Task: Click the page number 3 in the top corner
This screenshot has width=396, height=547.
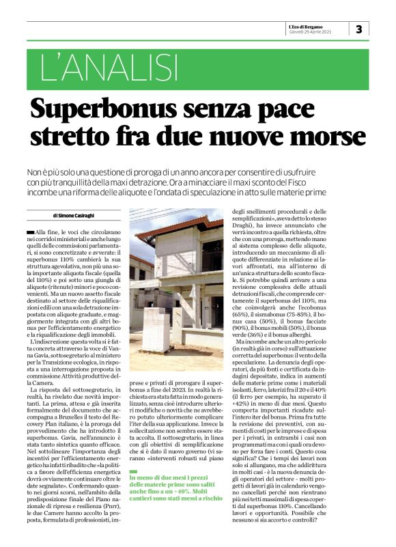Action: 359,29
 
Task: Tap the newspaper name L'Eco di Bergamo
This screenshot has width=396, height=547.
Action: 311,25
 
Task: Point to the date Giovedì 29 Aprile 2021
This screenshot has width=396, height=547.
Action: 311,31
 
